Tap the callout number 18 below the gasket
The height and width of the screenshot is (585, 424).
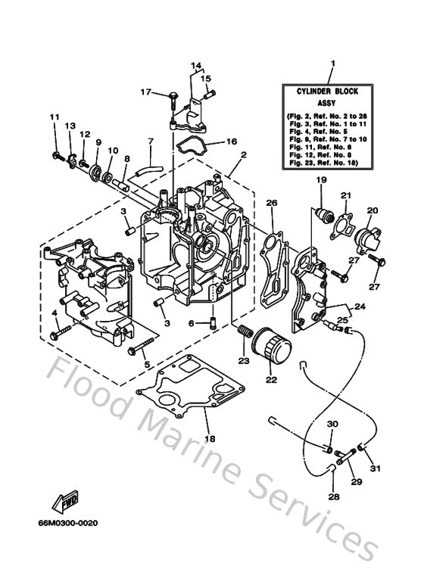tap(210, 439)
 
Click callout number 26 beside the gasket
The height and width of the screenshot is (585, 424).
tap(272, 203)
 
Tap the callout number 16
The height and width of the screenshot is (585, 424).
tap(232, 141)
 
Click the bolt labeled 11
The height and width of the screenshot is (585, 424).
tap(58, 155)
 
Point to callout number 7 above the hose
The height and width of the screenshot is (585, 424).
tap(150, 142)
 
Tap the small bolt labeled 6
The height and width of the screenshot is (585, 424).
tap(213, 323)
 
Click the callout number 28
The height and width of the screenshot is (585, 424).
tap(334, 497)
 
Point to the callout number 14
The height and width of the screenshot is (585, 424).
tap(195, 65)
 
